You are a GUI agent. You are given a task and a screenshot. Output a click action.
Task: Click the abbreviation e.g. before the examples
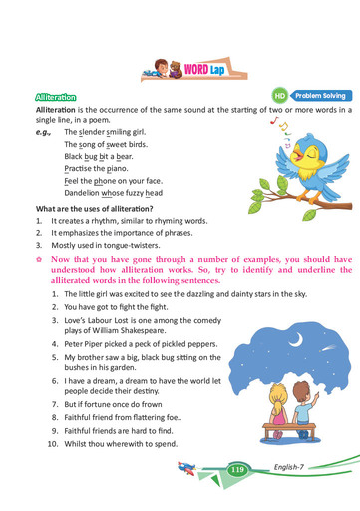(x=42, y=132)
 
